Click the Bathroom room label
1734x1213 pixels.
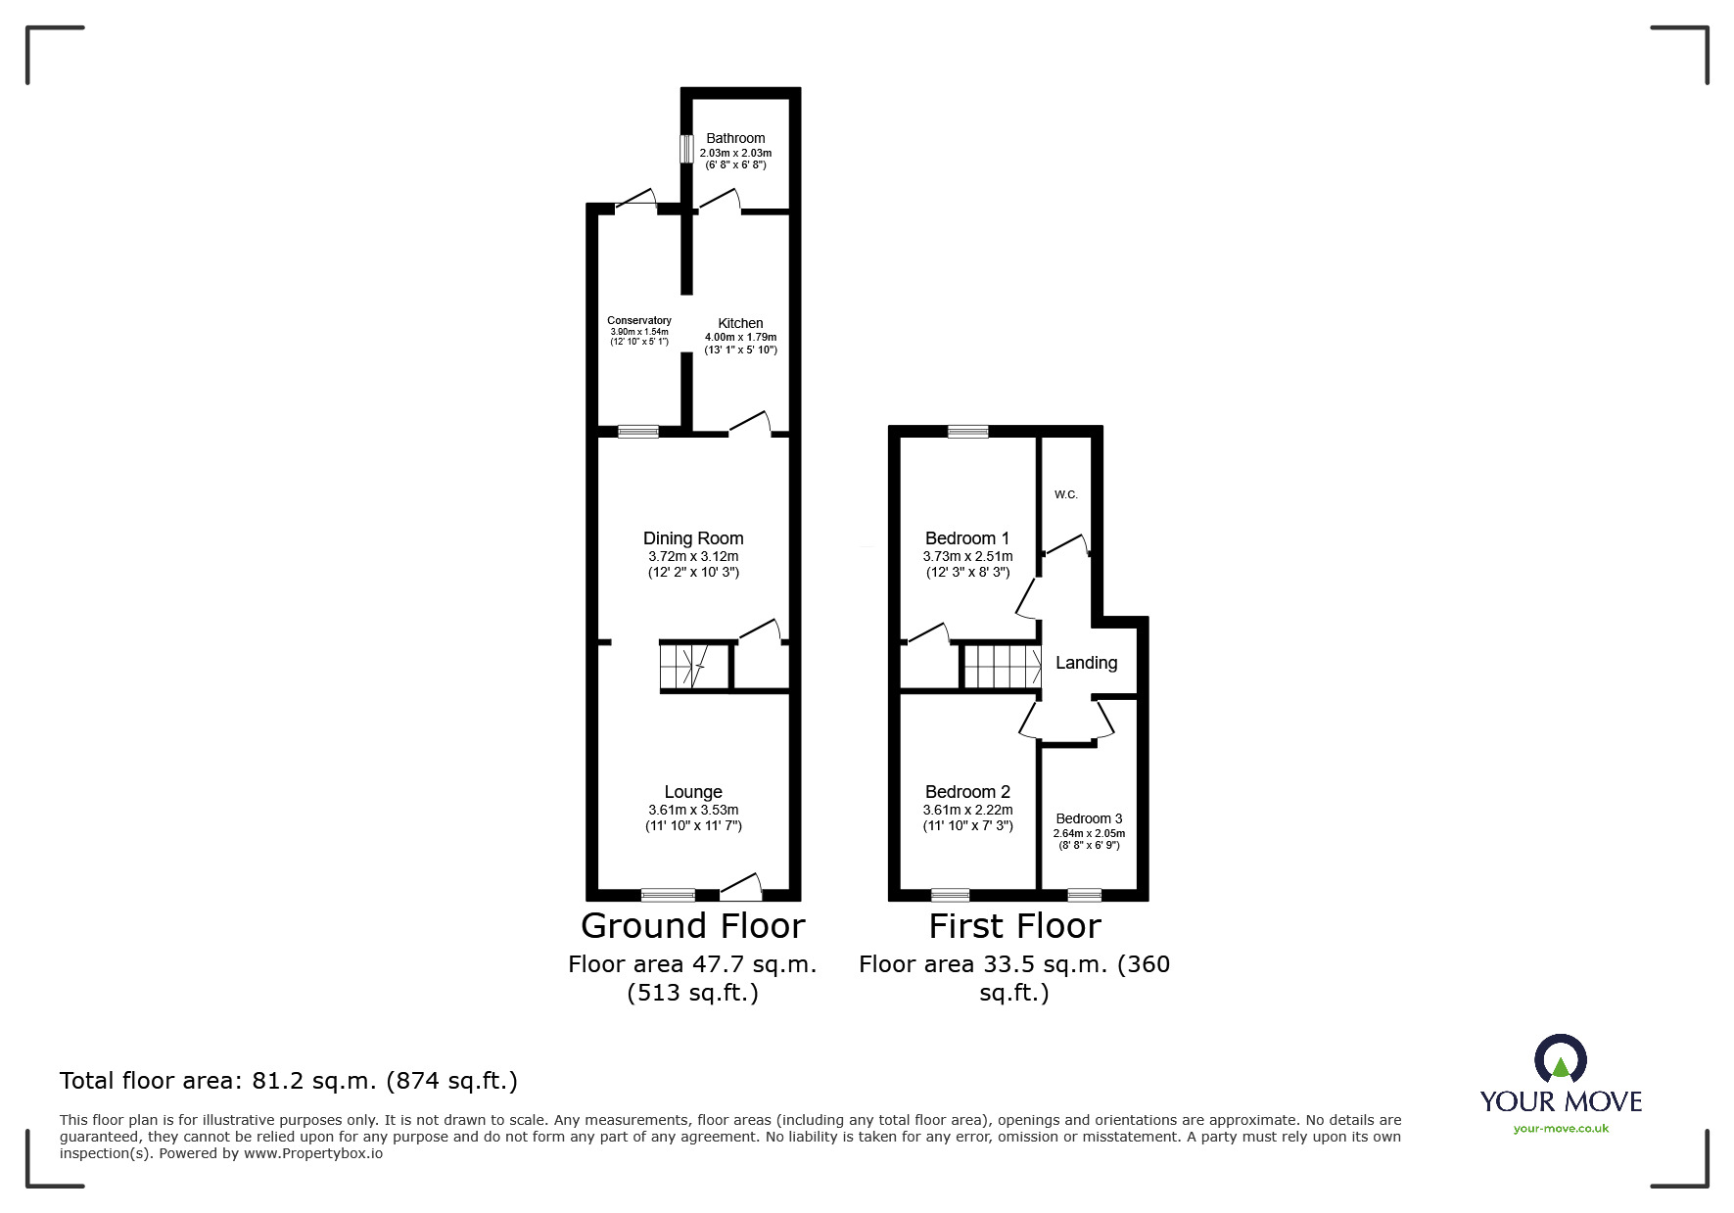(x=735, y=138)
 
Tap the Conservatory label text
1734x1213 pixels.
(x=639, y=320)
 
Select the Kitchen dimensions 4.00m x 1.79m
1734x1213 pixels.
(x=740, y=338)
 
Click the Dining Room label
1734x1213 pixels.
(x=693, y=537)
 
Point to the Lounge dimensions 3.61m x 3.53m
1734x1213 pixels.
(x=693, y=810)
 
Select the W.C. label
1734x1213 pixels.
(x=1065, y=494)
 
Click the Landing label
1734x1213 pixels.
(x=1086, y=663)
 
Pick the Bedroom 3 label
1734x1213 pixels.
(x=1089, y=818)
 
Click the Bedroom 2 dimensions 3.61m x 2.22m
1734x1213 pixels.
(x=967, y=810)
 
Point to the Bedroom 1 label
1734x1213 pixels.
(x=967, y=537)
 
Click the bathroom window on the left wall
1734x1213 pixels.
(x=687, y=150)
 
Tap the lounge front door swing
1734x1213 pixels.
(x=741, y=886)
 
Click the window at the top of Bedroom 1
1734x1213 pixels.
(x=967, y=431)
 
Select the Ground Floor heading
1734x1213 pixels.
(x=692, y=925)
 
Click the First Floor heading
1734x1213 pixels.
(x=1014, y=925)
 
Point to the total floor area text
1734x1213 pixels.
(x=289, y=1081)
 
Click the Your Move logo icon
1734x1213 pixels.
(x=1560, y=1059)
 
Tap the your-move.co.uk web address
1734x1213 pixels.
(x=1561, y=1129)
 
